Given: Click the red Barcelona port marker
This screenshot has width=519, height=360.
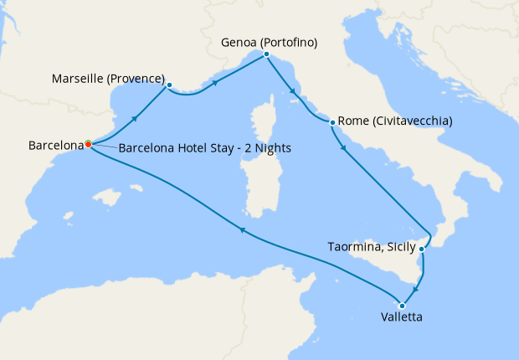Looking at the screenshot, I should [88, 144].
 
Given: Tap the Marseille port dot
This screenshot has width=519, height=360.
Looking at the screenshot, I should [169, 85].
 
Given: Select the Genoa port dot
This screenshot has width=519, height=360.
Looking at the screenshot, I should [265, 54].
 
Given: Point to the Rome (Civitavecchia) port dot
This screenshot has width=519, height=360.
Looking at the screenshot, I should [333, 122].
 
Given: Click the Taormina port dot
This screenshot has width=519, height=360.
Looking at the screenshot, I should [422, 249].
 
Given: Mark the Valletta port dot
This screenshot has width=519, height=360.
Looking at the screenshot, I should [402, 305].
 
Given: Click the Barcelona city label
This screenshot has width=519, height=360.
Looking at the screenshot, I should [56, 145].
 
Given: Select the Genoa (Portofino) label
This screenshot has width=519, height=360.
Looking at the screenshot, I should [270, 41].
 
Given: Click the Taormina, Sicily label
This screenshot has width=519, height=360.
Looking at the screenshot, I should [372, 247].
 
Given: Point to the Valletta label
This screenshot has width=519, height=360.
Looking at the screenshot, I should [401, 318].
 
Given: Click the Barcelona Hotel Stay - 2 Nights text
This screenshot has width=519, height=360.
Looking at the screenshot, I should [204, 149].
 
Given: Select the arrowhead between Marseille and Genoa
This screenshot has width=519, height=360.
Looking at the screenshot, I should [216, 83].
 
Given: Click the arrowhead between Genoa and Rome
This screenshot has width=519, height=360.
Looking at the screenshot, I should [293, 92].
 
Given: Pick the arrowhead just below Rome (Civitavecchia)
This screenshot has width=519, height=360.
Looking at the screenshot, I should [344, 148].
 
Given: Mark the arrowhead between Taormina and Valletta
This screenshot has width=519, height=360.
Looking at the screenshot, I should [418, 289].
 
